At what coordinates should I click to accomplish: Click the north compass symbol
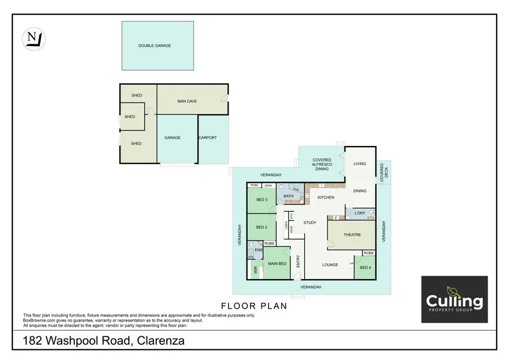coord(33,39)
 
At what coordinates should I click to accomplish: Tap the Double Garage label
coord(154,46)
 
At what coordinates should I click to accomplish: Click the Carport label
coord(208,138)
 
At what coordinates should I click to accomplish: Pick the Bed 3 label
coord(261,199)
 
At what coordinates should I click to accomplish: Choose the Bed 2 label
coord(261,227)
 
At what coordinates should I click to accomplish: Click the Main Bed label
coord(277,264)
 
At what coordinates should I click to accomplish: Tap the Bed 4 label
coord(365,267)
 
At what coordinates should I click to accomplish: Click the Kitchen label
coord(326,197)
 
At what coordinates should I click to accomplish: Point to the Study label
coord(310,222)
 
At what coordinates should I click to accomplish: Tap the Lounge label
coord(330,264)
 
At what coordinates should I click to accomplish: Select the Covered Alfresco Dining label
coord(322,164)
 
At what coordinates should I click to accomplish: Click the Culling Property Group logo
coord(455,299)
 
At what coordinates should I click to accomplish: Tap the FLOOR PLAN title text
coord(254,306)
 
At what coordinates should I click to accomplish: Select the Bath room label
coord(288,196)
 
